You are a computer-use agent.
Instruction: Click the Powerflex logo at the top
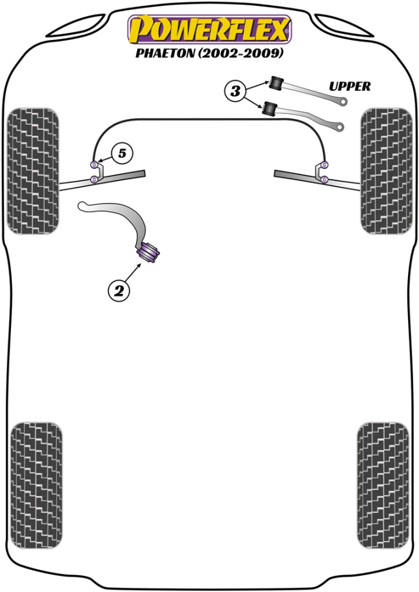[210, 30]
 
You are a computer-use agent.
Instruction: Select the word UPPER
[350, 86]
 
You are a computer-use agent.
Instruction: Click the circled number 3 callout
[235, 91]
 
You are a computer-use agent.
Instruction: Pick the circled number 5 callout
[122, 153]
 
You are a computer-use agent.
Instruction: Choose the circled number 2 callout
[119, 291]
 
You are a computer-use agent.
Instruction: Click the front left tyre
[33, 171]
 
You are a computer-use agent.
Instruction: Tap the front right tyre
[386, 171]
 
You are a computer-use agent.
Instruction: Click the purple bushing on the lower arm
[148, 251]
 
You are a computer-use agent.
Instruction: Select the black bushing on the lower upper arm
[269, 109]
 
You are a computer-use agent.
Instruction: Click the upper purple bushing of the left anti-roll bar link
[94, 164]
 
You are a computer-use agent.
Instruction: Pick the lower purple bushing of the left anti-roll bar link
[94, 179]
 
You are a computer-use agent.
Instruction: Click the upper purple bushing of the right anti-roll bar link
[324, 164]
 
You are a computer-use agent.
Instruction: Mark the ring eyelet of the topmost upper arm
[343, 102]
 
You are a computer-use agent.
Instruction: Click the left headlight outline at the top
[77, 25]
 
